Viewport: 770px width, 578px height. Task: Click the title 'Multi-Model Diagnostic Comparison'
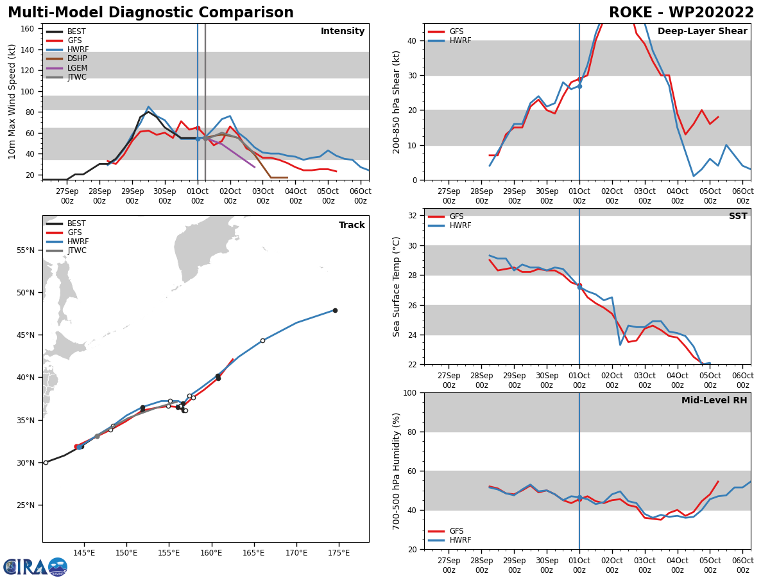pos(150,13)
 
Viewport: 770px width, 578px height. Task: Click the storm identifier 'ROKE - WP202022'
pos(681,13)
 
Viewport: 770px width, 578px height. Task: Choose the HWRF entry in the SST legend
pos(460,225)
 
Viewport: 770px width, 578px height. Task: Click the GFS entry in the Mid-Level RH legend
pos(456,531)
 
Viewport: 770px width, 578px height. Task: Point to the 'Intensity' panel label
pos(343,31)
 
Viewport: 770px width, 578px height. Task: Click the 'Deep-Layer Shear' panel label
pos(702,31)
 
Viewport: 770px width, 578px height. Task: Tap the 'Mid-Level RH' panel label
pos(714,401)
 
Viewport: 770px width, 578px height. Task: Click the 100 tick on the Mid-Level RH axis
pos(409,393)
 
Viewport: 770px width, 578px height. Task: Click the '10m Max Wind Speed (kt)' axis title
pos(13,101)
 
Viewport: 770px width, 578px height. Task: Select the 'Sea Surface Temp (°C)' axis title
pos(397,286)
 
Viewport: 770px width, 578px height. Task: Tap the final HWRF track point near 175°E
pos(335,310)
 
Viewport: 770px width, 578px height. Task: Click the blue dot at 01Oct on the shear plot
pos(579,86)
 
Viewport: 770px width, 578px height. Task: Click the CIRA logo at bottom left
pos(35,566)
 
